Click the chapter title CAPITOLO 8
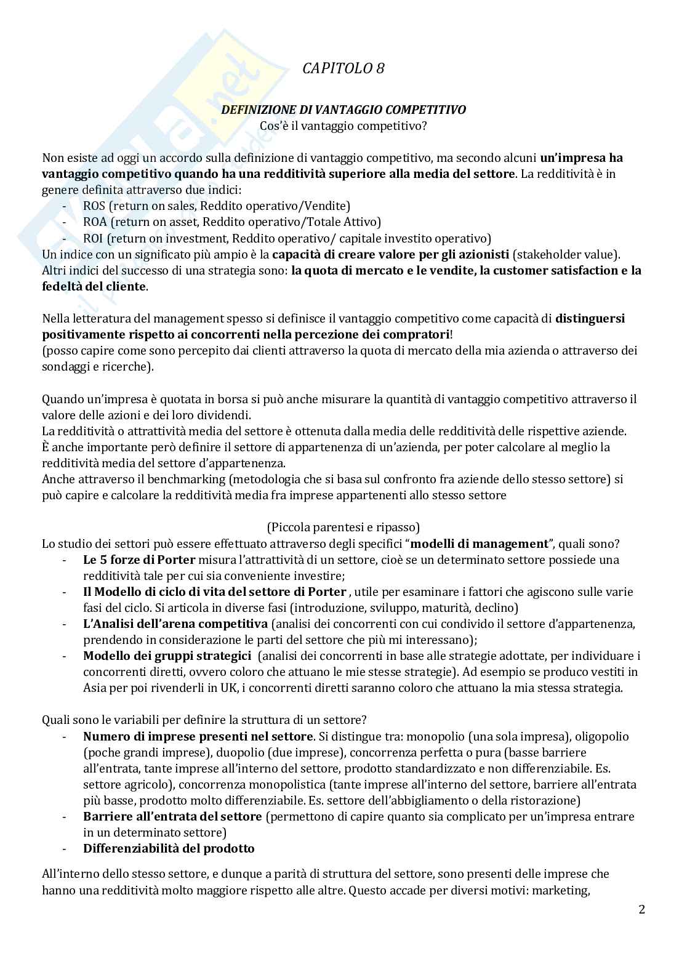point(343,69)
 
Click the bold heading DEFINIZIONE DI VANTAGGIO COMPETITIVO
point(343,110)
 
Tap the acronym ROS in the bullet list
point(94,206)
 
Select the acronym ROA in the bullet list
point(95,222)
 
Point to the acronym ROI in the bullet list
point(94,238)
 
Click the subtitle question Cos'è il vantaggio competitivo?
point(343,126)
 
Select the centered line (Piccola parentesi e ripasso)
point(343,527)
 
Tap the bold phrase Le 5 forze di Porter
point(139,560)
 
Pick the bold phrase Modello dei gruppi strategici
point(167,656)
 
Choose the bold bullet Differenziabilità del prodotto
point(169,848)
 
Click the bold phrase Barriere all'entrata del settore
point(172,816)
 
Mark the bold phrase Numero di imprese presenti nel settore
point(198,736)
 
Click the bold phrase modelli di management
point(479,544)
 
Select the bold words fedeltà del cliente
point(94,286)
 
